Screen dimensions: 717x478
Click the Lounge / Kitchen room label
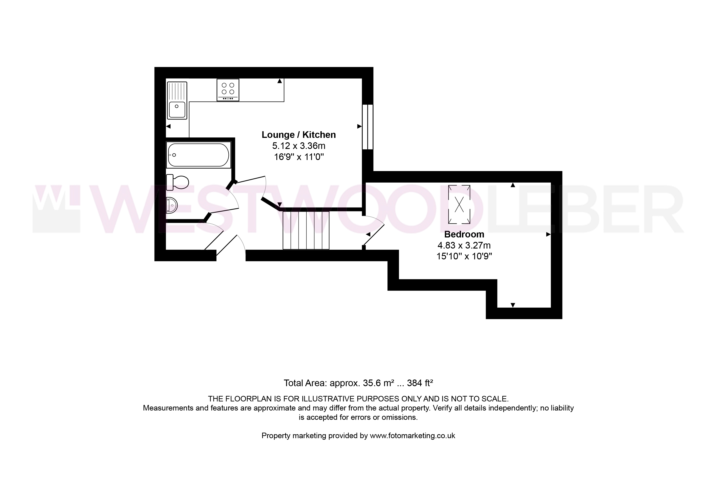[x=299, y=135]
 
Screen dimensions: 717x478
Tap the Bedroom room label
[x=464, y=234]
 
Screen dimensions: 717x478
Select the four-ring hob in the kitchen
[x=228, y=90]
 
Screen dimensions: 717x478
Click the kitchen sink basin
[x=177, y=110]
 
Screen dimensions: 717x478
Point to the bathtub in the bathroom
[x=199, y=155]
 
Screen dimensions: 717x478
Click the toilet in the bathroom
[x=177, y=183]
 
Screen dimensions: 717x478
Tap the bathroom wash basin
[x=172, y=205]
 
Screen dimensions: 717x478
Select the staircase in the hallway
[x=306, y=230]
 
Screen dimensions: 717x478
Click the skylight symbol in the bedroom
[x=459, y=204]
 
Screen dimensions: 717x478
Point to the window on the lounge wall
[x=368, y=127]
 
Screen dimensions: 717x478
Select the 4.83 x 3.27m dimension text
[x=464, y=245]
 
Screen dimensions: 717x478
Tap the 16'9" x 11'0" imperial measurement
[x=299, y=157]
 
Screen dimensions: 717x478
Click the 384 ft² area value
[x=420, y=383]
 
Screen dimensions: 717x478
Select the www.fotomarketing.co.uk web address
[x=412, y=436]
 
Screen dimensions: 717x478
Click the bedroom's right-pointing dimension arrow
[x=548, y=234]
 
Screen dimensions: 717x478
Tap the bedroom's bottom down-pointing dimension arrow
[x=513, y=305]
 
